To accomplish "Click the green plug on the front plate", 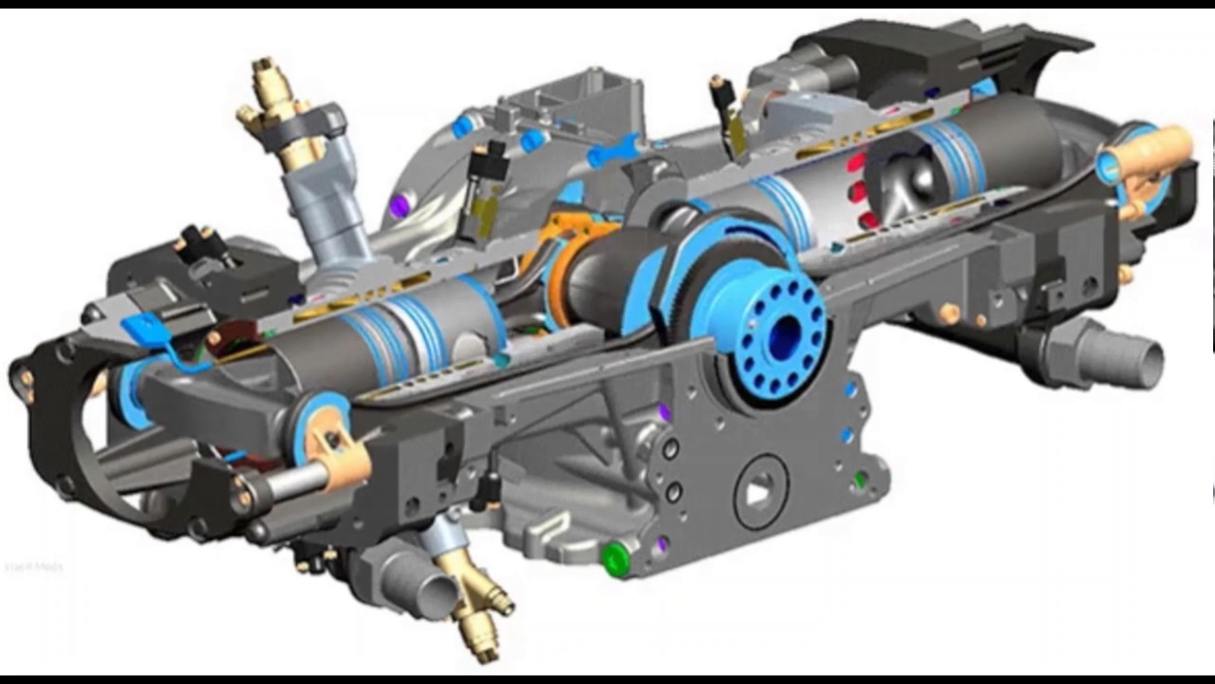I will coord(615,558).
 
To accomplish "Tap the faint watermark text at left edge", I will coord(33,567).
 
